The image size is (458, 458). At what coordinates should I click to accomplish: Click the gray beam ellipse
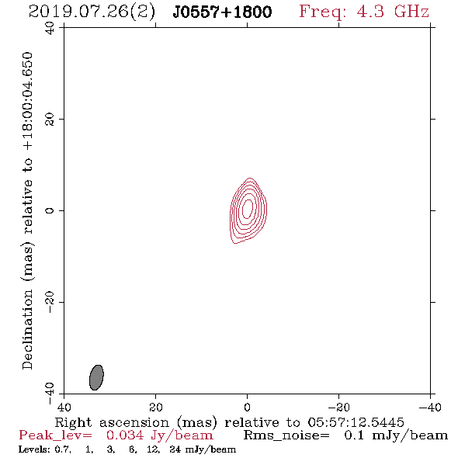coord(96,377)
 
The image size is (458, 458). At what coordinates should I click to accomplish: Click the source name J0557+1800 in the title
coord(222,12)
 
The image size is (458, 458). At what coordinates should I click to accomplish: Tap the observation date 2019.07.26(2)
coord(92,12)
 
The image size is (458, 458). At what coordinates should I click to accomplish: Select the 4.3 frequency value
coord(370,12)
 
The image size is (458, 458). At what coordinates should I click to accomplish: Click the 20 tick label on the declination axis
coord(50,120)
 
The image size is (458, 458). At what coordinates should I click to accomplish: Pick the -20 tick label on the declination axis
coord(50,302)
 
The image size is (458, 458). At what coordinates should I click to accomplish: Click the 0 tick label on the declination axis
coord(50,210)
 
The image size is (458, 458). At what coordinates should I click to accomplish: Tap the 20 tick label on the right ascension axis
coord(156,408)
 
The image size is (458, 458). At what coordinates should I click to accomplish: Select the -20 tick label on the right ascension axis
coord(338,408)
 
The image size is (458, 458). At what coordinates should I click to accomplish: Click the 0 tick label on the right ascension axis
coord(247,408)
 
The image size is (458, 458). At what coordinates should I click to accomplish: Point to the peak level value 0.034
coord(125,435)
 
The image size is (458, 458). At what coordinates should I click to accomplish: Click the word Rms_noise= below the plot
coord(286,435)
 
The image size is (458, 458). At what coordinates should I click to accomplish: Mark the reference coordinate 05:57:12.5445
coord(356,422)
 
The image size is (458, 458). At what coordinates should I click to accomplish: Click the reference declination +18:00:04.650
coord(28,101)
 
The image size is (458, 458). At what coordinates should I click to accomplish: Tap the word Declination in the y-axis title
coord(28,329)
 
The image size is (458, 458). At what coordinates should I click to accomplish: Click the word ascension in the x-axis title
coord(134,422)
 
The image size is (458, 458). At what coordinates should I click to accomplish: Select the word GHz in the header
coord(412,12)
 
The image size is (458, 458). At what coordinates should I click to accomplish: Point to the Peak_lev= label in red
coord(55,435)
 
